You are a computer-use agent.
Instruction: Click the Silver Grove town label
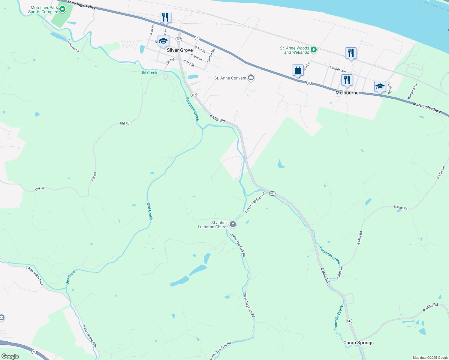pos(180,50)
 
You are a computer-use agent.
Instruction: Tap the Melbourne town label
pos(347,93)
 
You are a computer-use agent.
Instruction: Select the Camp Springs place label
pos(358,343)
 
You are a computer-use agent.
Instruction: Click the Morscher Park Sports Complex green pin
pos(62,9)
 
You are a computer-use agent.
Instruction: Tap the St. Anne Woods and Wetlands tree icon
pos(314,49)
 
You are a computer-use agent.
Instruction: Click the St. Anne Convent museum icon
pos(251,78)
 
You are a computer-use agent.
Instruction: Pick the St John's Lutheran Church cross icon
pos(233,224)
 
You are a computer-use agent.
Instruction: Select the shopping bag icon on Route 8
pos(298,70)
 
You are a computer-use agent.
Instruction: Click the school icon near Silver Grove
pos(163,41)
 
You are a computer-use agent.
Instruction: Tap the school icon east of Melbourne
pos(380,86)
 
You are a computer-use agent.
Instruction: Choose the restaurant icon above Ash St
pos(165,17)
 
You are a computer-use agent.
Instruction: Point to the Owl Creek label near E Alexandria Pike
pos(71,277)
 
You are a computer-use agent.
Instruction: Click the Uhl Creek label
pos(149,73)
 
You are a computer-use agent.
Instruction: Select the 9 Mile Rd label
pos(430,307)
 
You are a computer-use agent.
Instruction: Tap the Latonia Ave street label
pos(338,70)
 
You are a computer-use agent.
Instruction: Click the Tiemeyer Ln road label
pos(73,46)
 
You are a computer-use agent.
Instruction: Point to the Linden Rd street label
pos(211,55)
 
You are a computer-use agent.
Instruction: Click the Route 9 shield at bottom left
pos(34,352)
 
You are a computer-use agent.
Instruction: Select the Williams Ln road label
pos(412,91)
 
